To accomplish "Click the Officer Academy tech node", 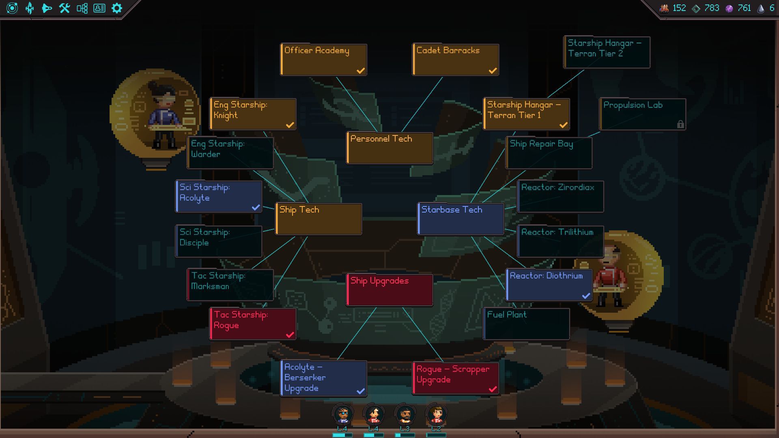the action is pyautogui.click(x=323, y=60).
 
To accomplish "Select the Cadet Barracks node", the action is pyautogui.click(x=456, y=60).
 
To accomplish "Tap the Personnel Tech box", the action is pyautogui.click(x=389, y=148).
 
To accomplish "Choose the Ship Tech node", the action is pyautogui.click(x=318, y=219).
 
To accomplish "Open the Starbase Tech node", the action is pyautogui.click(x=461, y=219).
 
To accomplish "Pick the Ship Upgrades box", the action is pyautogui.click(x=389, y=290).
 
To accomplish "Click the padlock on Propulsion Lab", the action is pyautogui.click(x=680, y=125).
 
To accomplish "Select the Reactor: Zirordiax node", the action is pyautogui.click(x=560, y=197).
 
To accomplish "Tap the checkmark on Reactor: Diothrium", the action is pyautogui.click(x=586, y=296).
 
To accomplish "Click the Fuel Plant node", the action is pyautogui.click(x=526, y=324).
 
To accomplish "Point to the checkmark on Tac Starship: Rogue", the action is pyautogui.click(x=290, y=335).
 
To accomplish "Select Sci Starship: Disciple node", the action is pyautogui.click(x=219, y=241).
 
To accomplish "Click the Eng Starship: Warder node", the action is pyautogui.click(x=230, y=153).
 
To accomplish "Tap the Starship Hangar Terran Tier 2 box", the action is pyautogui.click(x=607, y=52).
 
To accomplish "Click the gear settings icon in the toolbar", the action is pyautogui.click(x=117, y=8).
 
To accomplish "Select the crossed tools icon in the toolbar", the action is pyautogui.click(x=65, y=8).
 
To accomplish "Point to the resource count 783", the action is pyautogui.click(x=712, y=8).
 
